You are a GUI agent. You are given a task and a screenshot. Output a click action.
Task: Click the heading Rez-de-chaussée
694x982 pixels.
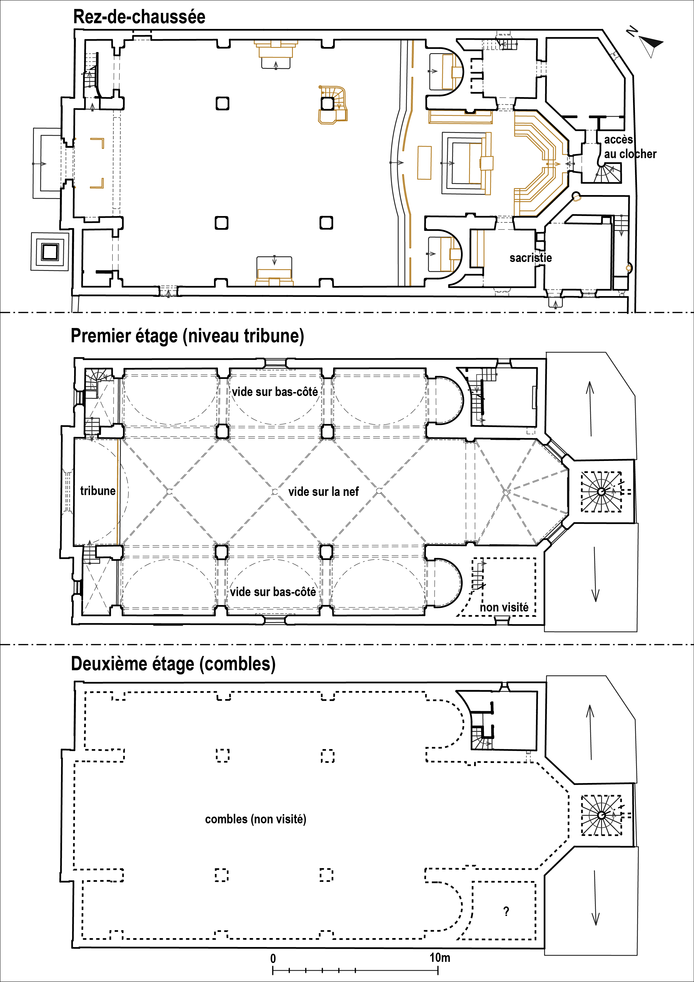pyautogui.click(x=139, y=17)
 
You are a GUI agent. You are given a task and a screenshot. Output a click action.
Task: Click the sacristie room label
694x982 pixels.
pyautogui.click(x=531, y=258)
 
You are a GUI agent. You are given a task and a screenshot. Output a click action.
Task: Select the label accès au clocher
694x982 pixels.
pyautogui.click(x=630, y=147)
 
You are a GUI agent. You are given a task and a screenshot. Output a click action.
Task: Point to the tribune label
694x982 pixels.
pyautogui.click(x=98, y=491)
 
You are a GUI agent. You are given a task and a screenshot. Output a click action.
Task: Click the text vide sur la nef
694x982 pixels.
pyautogui.click(x=324, y=492)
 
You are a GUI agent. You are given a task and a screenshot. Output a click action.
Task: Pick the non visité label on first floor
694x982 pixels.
pyautogui.click(x=504, y=607)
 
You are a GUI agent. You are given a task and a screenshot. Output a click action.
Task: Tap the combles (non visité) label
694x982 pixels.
pyautogui.click(x=256, y=819)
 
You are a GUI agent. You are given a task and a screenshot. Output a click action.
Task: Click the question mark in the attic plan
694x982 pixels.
pyautogui.click(x=506, y=911)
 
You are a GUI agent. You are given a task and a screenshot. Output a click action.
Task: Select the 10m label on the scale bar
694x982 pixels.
pyautogui.click(x=440, y=958)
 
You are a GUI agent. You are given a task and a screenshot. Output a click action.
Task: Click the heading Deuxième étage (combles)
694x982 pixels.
pyautogui.click(x=173, y=664)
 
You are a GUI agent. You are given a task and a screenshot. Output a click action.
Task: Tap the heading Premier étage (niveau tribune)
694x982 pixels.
pyautogui.click(x=187, y=336)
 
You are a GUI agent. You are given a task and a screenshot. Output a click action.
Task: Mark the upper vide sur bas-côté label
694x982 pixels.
pyautogui.click(x=275, y=392)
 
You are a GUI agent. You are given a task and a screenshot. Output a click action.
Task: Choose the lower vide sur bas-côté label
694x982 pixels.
pyautogui.click(x=273, y=592)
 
